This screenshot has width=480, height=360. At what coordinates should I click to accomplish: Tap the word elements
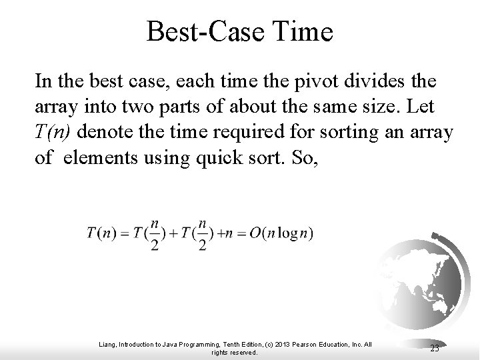(x=97, y=158)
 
